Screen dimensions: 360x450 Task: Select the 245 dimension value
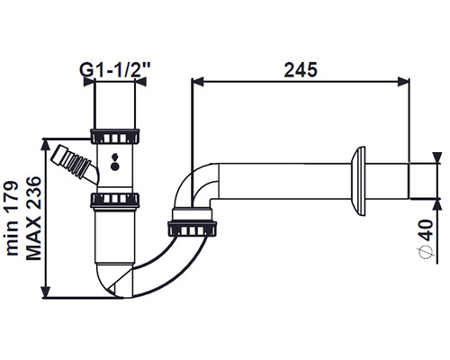pyautogui.click(x=300, y=69)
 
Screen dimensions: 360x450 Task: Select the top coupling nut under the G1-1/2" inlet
pyautogui.click(x=114, y=136)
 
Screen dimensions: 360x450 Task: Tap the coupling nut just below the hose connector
pyautogui.click(x=114, y=199)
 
